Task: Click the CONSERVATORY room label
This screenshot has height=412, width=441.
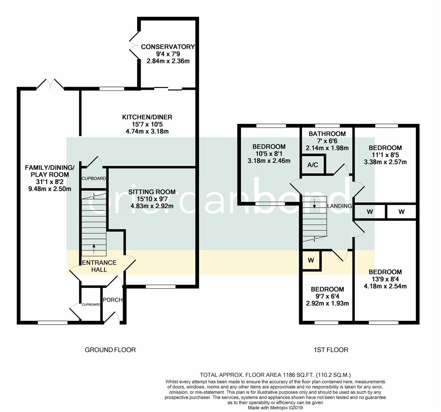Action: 168,47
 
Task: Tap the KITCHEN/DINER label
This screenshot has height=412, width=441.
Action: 147,117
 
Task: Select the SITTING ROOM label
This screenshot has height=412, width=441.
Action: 152,192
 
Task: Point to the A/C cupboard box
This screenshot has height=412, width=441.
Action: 313,165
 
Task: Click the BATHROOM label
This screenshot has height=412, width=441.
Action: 327,134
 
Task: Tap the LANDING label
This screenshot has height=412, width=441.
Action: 340,206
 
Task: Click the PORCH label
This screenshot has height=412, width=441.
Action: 112,300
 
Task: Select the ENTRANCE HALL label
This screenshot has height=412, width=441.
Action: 99,266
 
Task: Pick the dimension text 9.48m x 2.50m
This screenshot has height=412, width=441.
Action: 50,189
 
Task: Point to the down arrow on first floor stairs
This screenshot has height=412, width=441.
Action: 314,203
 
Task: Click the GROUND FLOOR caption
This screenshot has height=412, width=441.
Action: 110,350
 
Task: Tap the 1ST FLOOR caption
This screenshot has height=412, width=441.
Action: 331,350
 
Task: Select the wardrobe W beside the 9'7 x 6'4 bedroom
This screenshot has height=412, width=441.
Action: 311,261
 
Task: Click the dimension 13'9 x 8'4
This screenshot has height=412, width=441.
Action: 385,279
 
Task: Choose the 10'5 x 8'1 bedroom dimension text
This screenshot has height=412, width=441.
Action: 269,154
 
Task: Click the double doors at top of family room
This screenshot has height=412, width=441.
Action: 50,84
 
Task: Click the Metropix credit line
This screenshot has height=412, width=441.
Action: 275,407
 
